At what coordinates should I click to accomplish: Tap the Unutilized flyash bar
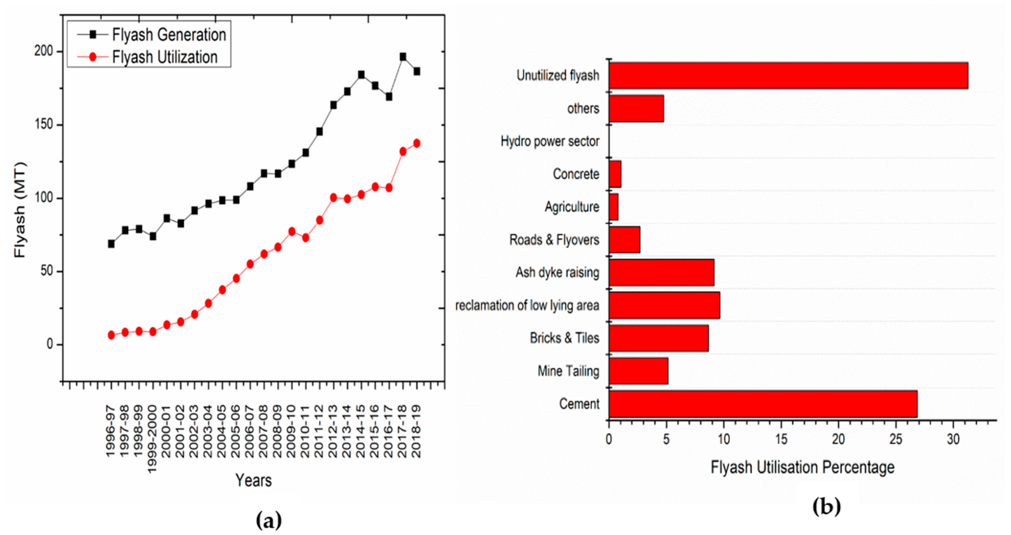point(788,75)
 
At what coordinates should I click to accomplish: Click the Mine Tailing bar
point(638,371)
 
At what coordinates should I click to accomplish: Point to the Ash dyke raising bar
point(661,272)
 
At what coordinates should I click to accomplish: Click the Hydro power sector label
point(550,141)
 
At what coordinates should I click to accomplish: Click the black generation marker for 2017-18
point(403,57)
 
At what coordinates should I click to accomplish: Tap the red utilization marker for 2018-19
point(416,144)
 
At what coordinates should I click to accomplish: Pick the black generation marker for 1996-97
point(111,244)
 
